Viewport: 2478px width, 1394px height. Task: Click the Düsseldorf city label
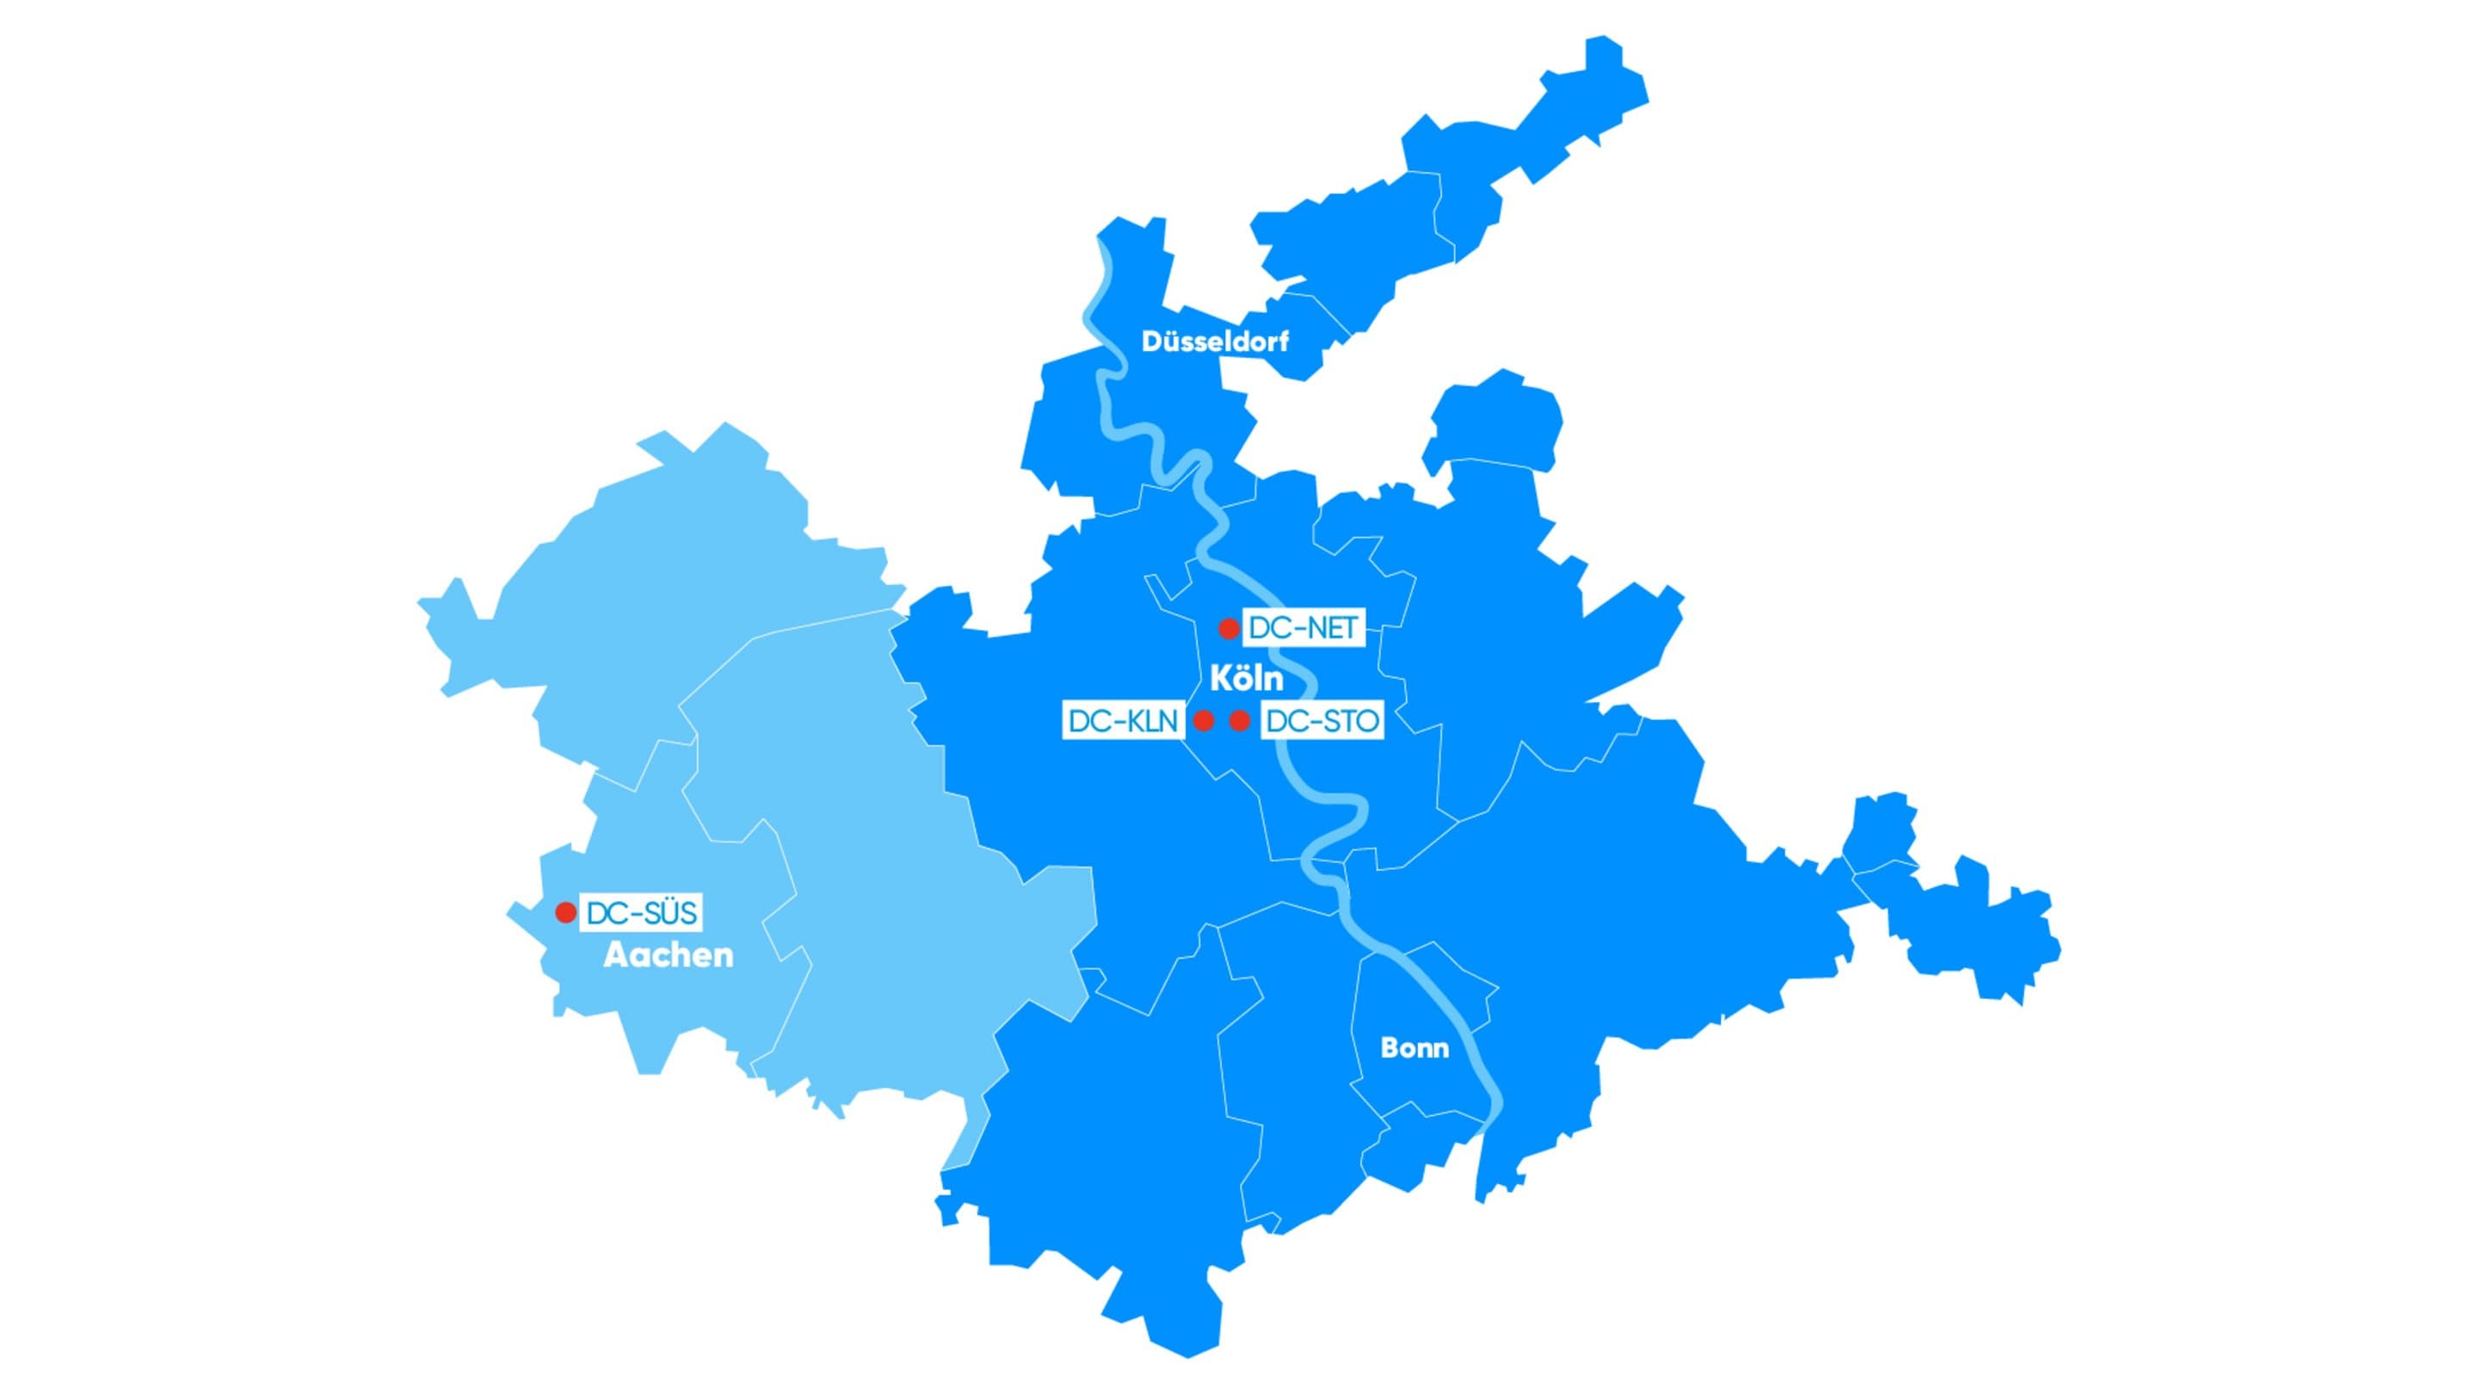[1214, 342]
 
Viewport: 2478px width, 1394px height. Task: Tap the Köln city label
[1246, 679]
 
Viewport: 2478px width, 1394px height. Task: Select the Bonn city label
[1414, 1048]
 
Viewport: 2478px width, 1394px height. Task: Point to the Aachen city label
[668, 955]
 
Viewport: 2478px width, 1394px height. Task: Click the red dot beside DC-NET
[1229, 629]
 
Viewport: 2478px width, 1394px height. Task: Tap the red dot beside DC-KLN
[1204, 720]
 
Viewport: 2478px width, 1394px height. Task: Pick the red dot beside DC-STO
[1240, 720]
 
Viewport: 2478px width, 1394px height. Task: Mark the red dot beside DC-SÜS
[565, 912]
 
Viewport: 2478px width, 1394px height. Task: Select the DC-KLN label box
[1123, 720]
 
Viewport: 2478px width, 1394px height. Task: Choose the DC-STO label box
[1322, 720]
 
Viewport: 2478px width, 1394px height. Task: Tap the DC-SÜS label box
[641, 912]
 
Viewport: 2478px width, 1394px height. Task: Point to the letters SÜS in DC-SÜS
[668, 912]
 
